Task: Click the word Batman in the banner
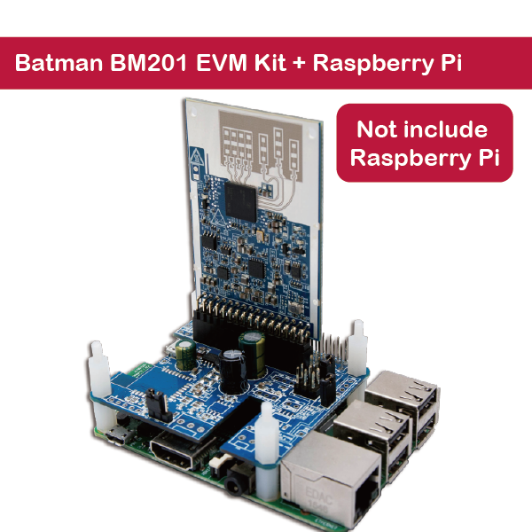click(x=59, y=62)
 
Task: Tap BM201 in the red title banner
click(x=149, y=62)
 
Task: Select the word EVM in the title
click(x=221, y=62)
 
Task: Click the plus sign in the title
click(x=299, y=64)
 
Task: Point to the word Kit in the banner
click(x=270, y=62)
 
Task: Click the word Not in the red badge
click(x=377, y=129)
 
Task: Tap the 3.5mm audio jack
click(x=237, y=481)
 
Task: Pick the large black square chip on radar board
click(x=241, y=201)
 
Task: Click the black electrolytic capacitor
click(x=233, y=372)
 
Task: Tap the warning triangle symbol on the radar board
click(x=197, y=157)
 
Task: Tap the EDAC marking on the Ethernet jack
click(x=319, y=495)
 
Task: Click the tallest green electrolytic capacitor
click(x=253, y=354)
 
